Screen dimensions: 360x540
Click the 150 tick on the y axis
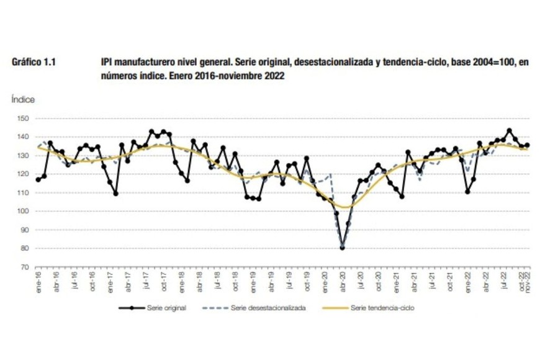coord(25,118)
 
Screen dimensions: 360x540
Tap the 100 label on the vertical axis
coord(25,211)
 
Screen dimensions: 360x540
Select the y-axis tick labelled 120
coord(25,174)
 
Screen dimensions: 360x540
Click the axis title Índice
coord(23,99)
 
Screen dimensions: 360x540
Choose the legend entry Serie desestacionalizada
coord(268,307)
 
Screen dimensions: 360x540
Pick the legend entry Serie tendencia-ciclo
coord(379,307)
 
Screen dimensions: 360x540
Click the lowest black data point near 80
coord(343,248)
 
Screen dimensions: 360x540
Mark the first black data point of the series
coord(38,179)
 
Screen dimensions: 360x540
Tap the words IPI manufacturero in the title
coord(133,63)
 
